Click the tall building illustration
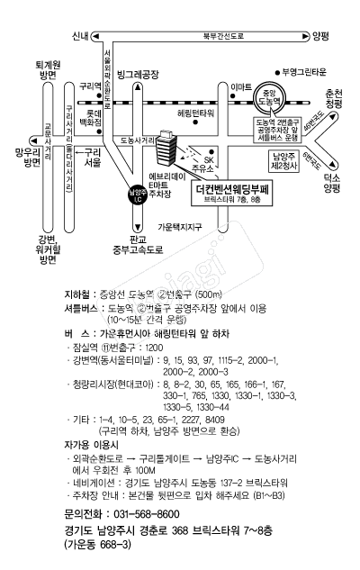(x=166, y=149)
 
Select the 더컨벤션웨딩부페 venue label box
(x=232, y=194)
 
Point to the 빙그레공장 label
(x=138, y=75)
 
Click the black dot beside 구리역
(x=98, y=96)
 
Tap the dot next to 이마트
(x=233, y=96)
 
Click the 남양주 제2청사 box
(x=284, y=161)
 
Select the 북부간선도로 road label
(x=223, y=36)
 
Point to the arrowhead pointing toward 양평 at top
(x=305, y=36)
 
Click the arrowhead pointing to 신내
(x=95, y=36)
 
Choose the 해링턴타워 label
(x=195, y=113)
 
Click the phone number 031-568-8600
(x=147, y=514)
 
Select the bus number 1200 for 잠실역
(x=154, y=348)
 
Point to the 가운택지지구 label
(x=179, y=227)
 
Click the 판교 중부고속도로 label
(x=138, y=245)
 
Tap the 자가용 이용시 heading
(x=91, y=445)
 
